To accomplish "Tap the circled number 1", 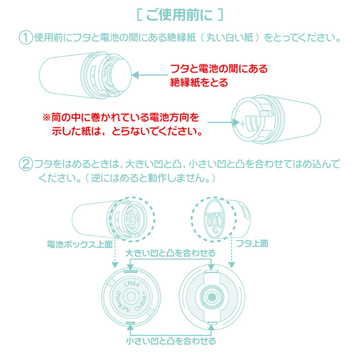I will pos(25,38).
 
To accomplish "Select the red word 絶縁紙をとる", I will pos(198,83).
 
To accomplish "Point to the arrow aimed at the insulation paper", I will pos(148,76).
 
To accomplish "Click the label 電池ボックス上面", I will pos(80,243).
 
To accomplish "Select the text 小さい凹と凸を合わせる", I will pos(170,341).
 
